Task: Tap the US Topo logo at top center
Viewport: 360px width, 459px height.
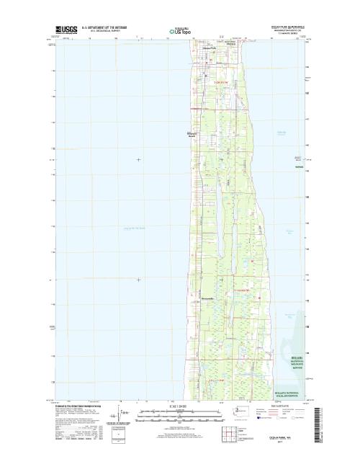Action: [x=180, y=31]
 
